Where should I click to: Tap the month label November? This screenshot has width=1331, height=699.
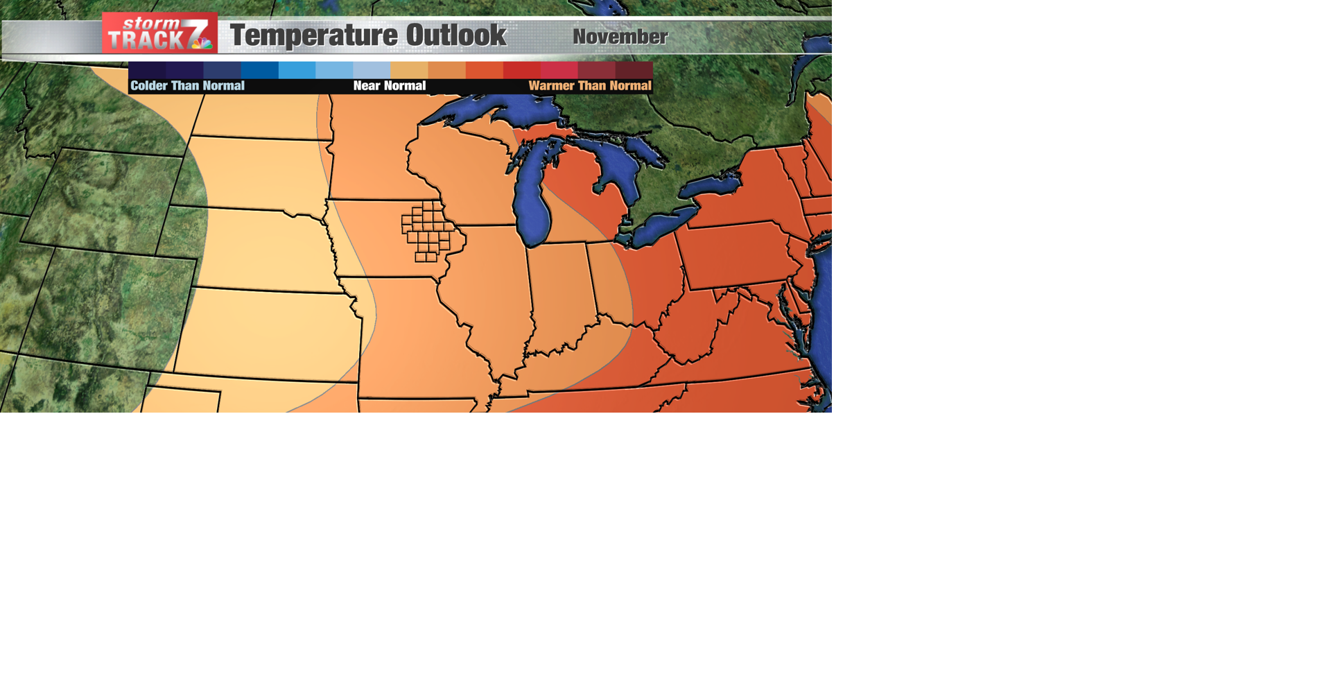[x=620, y=37]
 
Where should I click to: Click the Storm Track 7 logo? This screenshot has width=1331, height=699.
[x=159, y=33]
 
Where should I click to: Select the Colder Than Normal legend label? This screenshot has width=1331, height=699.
[x=187, y=86]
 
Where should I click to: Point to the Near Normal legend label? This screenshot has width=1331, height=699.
[x=389, y=86]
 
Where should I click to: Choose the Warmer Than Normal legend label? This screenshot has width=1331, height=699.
[x=589, y=86]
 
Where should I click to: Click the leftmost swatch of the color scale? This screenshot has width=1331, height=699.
[x=147, y=70]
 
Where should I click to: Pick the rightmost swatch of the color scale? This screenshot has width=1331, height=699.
[x=634, y=70]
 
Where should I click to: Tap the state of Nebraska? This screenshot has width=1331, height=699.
[x=263, y=250]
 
